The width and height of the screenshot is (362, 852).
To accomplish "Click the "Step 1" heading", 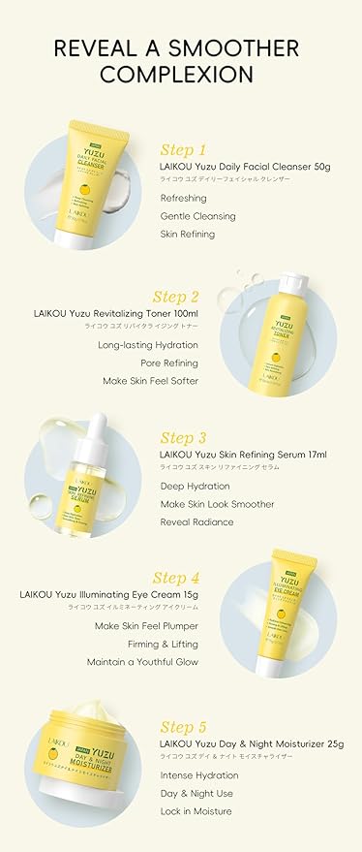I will [182, 149].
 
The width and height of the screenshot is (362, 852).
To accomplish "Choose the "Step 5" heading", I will [183, 727].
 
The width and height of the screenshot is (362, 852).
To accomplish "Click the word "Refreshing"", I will [184, 198].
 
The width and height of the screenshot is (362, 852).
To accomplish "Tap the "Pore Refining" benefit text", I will [168, 363].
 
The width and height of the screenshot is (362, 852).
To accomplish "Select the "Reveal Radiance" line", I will [196, 521].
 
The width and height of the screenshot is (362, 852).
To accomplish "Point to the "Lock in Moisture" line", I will [196, 810].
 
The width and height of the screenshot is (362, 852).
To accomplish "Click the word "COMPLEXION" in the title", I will [181, 74].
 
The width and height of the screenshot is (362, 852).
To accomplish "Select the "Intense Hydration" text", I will [199, 775].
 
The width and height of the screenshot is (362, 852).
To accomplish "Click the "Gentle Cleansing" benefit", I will [194, 215].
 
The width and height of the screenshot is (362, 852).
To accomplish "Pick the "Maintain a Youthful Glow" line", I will [146, 662].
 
